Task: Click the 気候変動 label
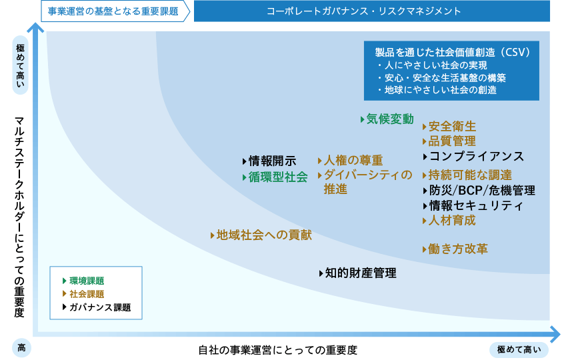390,119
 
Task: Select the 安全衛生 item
452,127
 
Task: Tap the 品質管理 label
452,141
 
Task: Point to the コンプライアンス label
477,157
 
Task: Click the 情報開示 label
273,161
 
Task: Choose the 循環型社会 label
278,177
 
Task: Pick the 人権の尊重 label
353,161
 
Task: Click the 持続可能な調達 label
470,175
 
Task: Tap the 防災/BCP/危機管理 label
482,191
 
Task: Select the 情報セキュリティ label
476,206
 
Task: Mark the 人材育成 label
452,221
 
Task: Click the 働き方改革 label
458,249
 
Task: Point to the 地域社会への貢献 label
264,235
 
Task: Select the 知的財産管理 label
361,273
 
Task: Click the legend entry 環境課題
87,281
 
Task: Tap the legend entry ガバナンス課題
100,307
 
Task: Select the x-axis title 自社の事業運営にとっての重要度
278,350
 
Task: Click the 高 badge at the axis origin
21,348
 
